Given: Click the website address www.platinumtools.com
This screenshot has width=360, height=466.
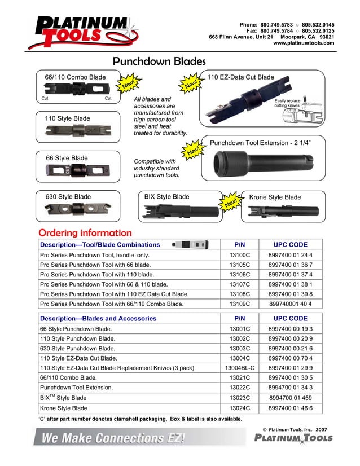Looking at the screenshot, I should [304, 43].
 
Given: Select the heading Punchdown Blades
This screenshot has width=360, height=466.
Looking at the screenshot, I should [159, 61].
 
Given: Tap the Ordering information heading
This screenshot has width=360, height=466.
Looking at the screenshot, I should [85, 233].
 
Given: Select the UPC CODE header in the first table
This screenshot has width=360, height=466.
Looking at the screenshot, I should [290, 245].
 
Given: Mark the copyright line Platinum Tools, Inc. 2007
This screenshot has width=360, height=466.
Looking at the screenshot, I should [295, 429].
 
